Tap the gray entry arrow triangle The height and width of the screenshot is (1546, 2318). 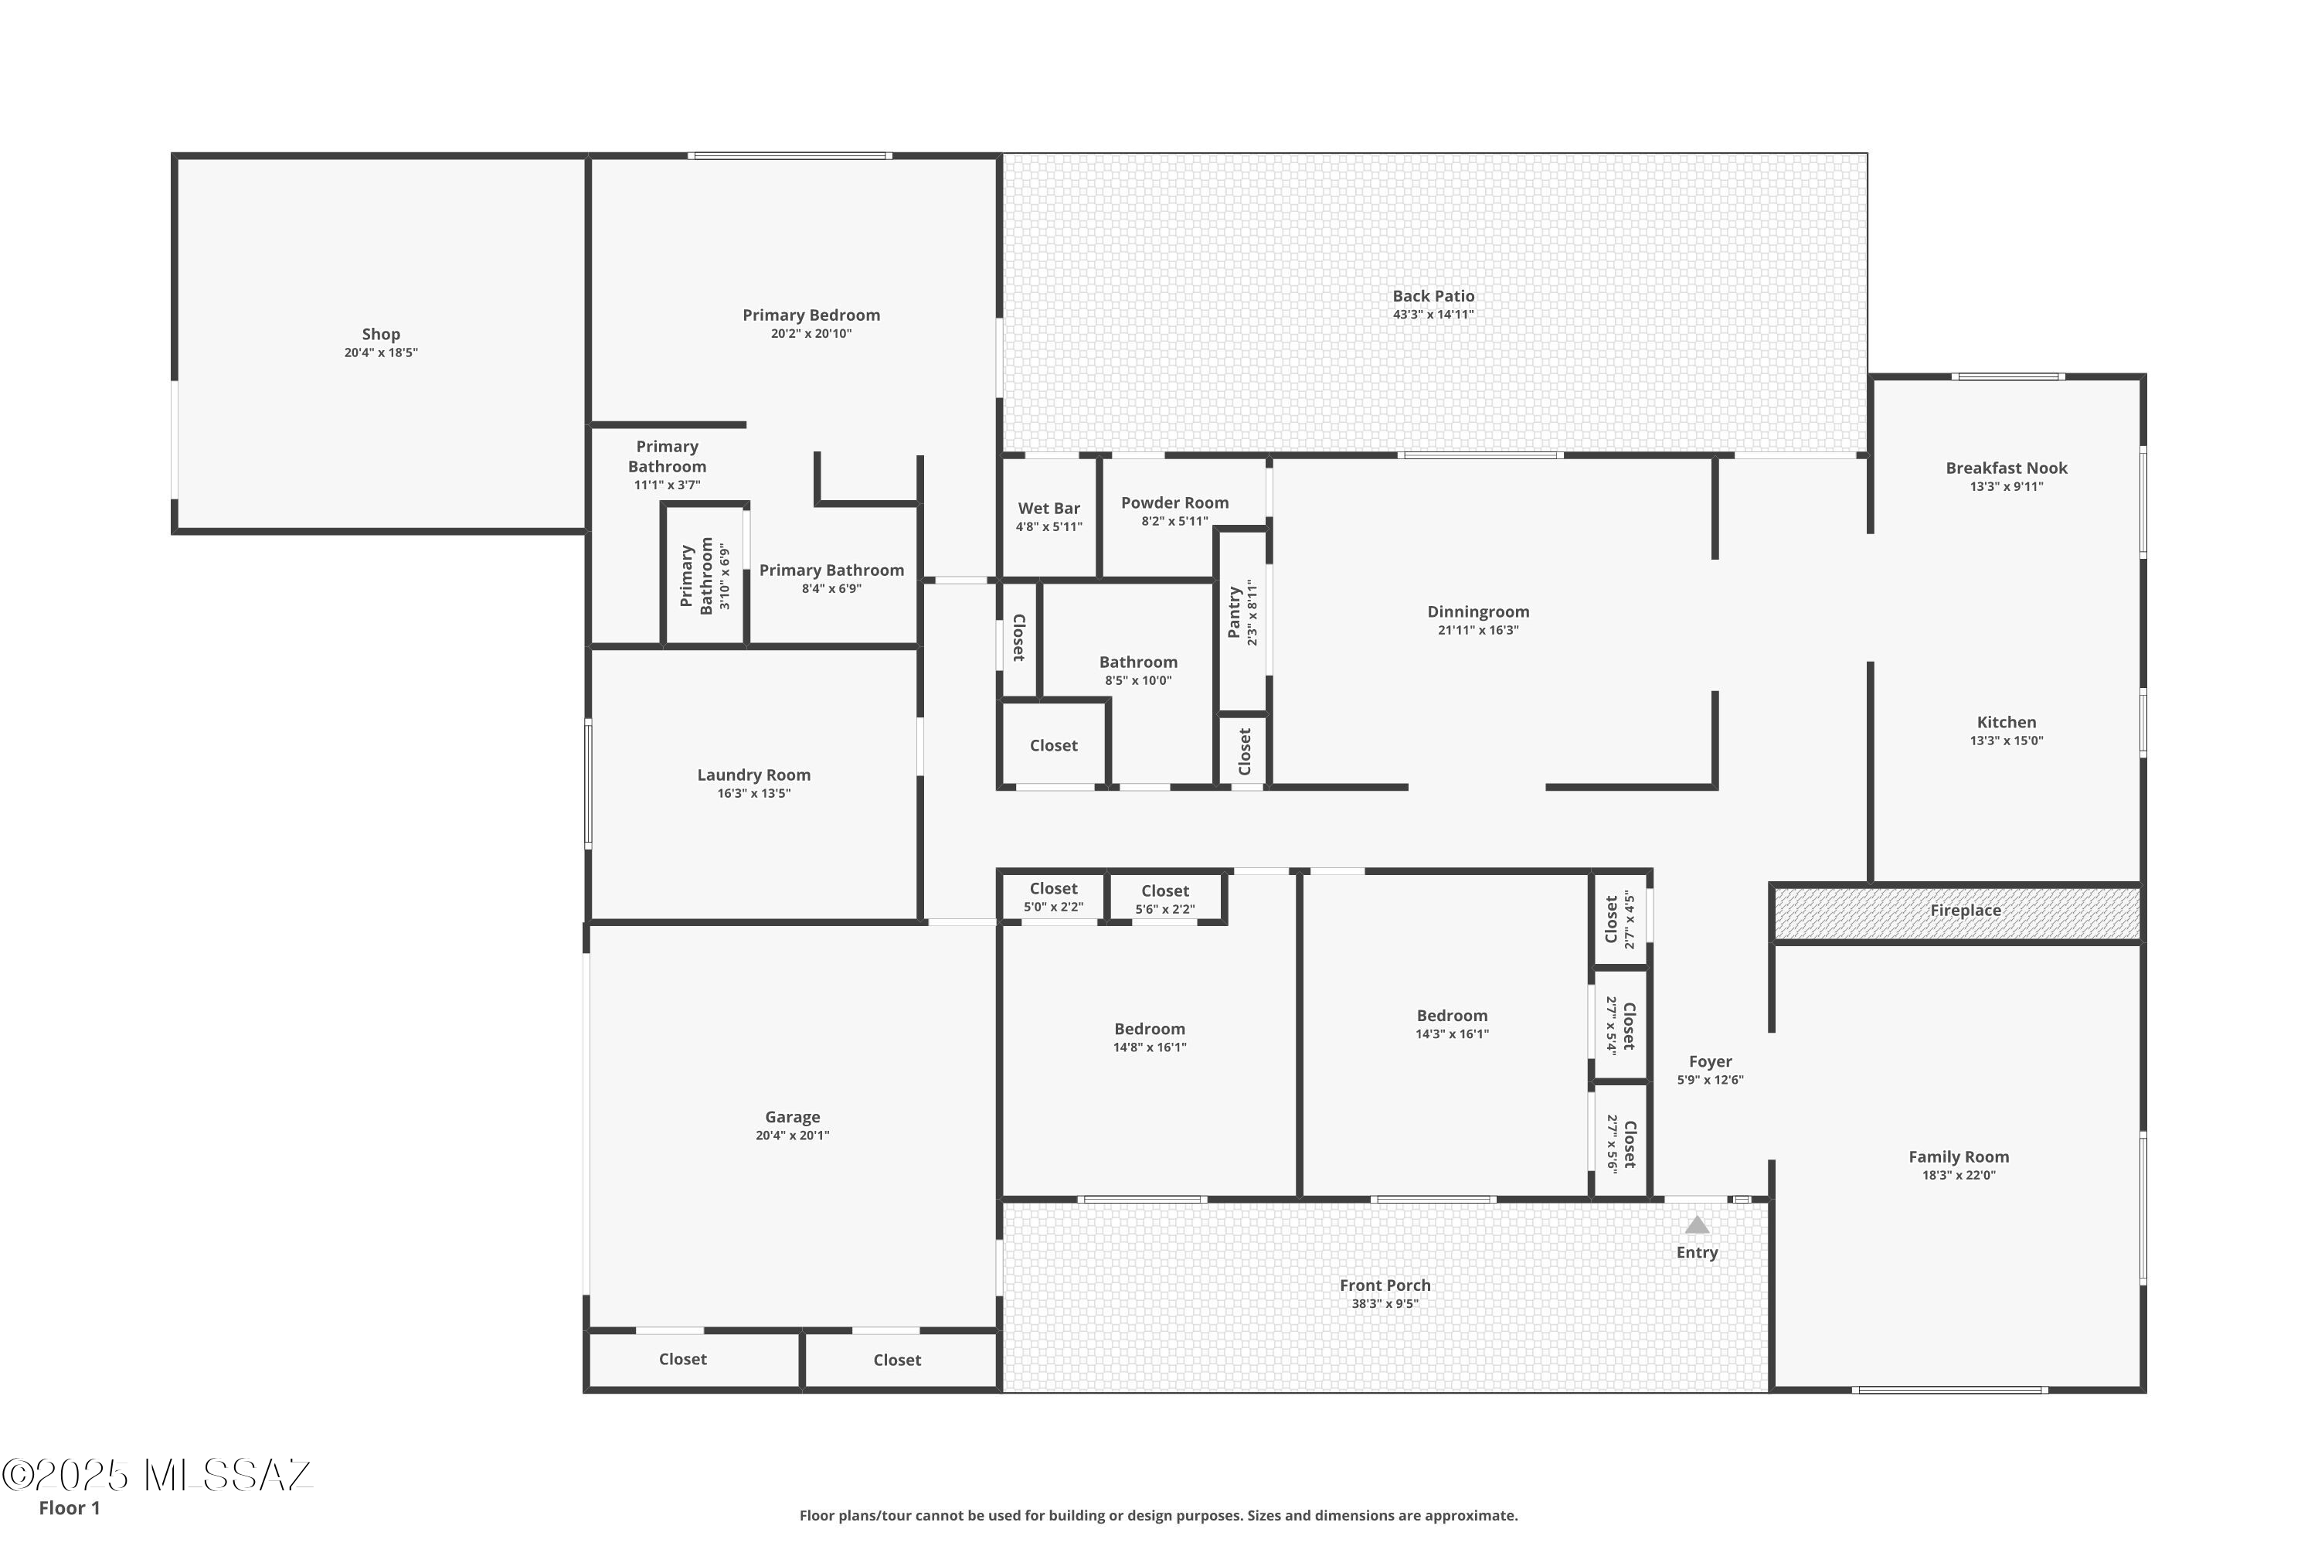point(1696,1224)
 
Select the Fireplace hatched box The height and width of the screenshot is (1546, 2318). point(1956,912)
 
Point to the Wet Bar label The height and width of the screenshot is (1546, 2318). point(1049,509)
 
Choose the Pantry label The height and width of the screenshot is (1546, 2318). point(1234,612)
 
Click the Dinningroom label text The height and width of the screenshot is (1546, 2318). point(1477,612)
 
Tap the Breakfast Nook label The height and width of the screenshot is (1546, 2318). point(2006,468)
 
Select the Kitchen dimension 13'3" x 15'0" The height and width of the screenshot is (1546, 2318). point(2006,741)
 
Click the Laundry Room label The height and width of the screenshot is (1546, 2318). point(754,775)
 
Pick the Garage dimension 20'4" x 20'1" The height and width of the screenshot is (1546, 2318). point(793,1136)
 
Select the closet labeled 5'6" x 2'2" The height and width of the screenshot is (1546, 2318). point(1165,899)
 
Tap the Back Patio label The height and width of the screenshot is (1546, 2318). point(1433,296)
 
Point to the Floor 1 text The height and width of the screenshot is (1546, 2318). point(69,1507)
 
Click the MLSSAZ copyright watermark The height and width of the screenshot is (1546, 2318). point(158,1475)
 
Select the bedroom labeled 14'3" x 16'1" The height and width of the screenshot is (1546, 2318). point(1452,1023)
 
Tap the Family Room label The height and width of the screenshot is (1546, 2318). point(1958,1157)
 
